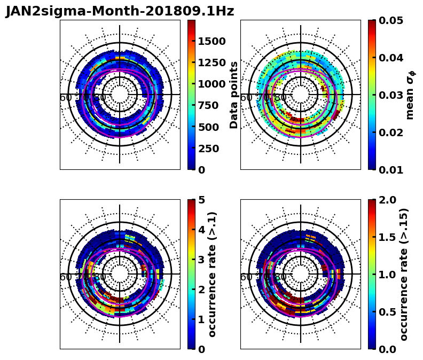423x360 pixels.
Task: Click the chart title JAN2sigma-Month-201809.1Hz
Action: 120,11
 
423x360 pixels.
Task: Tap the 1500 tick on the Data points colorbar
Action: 212,41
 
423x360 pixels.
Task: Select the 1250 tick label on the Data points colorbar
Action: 212,62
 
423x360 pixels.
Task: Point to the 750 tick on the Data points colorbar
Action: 212,105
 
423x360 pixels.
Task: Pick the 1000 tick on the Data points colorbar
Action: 212,84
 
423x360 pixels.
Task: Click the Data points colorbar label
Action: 234,95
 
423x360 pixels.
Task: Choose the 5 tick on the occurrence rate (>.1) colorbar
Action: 202,200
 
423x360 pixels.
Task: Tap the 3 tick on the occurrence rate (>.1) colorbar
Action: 202,260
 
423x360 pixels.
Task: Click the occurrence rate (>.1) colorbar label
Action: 213,274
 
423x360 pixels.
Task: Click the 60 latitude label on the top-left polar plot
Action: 66,98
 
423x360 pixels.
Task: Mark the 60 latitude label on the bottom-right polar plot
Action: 246,277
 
